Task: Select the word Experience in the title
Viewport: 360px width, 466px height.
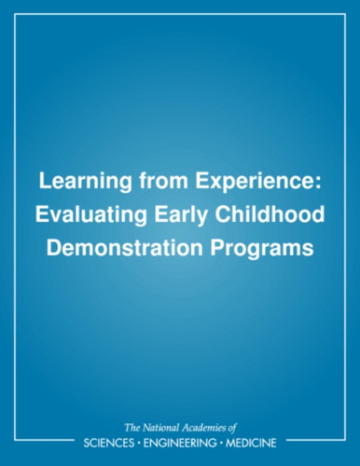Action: (x=255, y=183)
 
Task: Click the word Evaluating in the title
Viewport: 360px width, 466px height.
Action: (x=91, y=216)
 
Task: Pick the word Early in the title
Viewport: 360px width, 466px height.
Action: (x=181, y=216)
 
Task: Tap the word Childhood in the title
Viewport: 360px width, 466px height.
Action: (x=270, y=214)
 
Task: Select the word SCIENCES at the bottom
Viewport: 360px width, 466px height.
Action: (x=109, y=443)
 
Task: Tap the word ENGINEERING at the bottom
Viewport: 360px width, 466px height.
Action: (x=179, y=443)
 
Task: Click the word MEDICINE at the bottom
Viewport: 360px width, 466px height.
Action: (x=251, y=443)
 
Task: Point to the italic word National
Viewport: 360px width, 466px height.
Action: (x=160, y=428)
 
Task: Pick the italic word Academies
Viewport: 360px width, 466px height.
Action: (x=204, y=428)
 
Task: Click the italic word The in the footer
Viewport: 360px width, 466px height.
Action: (x=132, y=428)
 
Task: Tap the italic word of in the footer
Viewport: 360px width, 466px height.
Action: (x=232, y=428)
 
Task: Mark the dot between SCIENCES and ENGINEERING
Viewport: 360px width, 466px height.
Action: (x=139, y=443)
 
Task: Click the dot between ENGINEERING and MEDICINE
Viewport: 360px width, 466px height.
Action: (x=221, y=443)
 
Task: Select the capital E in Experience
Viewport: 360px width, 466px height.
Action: (x=201, y=181)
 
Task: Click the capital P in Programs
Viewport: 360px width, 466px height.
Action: (x=217, y=248)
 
